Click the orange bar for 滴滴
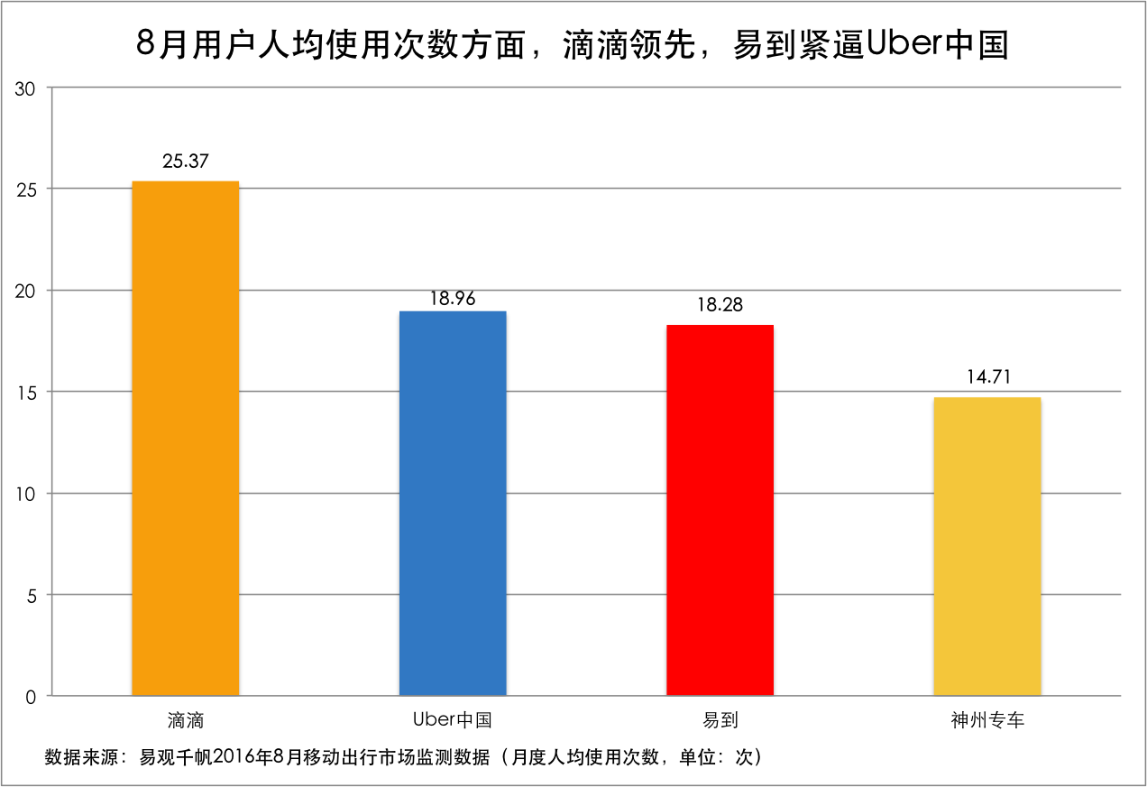point(186,438)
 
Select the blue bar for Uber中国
point(453,503)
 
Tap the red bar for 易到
point(720,510)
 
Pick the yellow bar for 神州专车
point(987,546)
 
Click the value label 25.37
point(186,162)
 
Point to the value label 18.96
point(453,298)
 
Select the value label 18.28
point(720,305)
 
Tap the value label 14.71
point(987,377)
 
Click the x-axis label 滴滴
point(186,720)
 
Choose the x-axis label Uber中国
point(453,720)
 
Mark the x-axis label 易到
point(720,720)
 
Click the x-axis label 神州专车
point(987,720)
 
